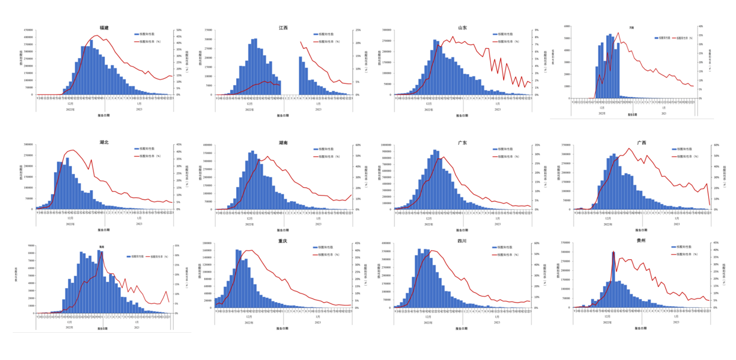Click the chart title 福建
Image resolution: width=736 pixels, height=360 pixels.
[104, 27]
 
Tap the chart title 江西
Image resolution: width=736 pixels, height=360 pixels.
[283, 27]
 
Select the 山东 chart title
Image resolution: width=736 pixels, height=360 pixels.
[462, 27]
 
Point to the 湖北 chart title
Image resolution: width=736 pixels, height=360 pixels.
[104, 142]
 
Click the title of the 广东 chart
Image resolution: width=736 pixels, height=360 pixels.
[462, 142]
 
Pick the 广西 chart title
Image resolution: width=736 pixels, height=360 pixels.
[641, 142]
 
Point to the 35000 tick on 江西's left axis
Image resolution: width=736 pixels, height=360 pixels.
[208, 30]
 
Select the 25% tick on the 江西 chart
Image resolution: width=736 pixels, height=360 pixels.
[358, 30]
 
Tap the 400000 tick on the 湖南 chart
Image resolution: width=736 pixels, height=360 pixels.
[208, 145]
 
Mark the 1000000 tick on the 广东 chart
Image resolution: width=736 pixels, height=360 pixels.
[386, 145]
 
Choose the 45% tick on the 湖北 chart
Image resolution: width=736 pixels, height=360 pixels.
[179, 145]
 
